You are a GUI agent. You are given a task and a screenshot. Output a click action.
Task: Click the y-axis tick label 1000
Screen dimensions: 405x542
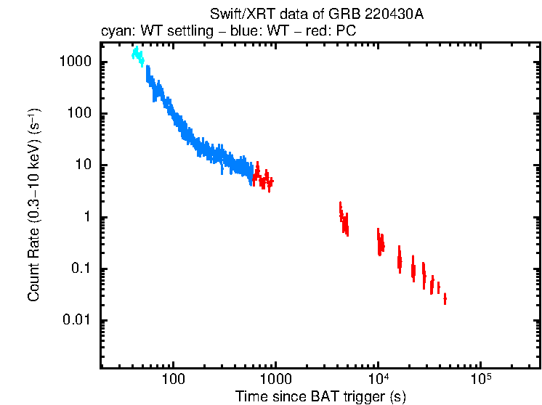point(75,62)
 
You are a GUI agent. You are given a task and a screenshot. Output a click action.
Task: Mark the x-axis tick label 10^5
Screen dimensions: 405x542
point(480,380)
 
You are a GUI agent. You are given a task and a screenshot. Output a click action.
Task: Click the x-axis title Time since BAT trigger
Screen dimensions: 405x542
point(320,397)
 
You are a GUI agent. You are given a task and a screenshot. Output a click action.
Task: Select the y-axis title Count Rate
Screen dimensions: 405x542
point(33,205)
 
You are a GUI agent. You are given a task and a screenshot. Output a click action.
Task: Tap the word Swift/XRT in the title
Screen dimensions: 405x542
point(235,15)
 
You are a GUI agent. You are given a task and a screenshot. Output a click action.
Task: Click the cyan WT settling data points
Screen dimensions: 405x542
point(137,56)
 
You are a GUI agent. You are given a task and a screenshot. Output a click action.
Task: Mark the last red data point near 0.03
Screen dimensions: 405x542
point(445,299)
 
